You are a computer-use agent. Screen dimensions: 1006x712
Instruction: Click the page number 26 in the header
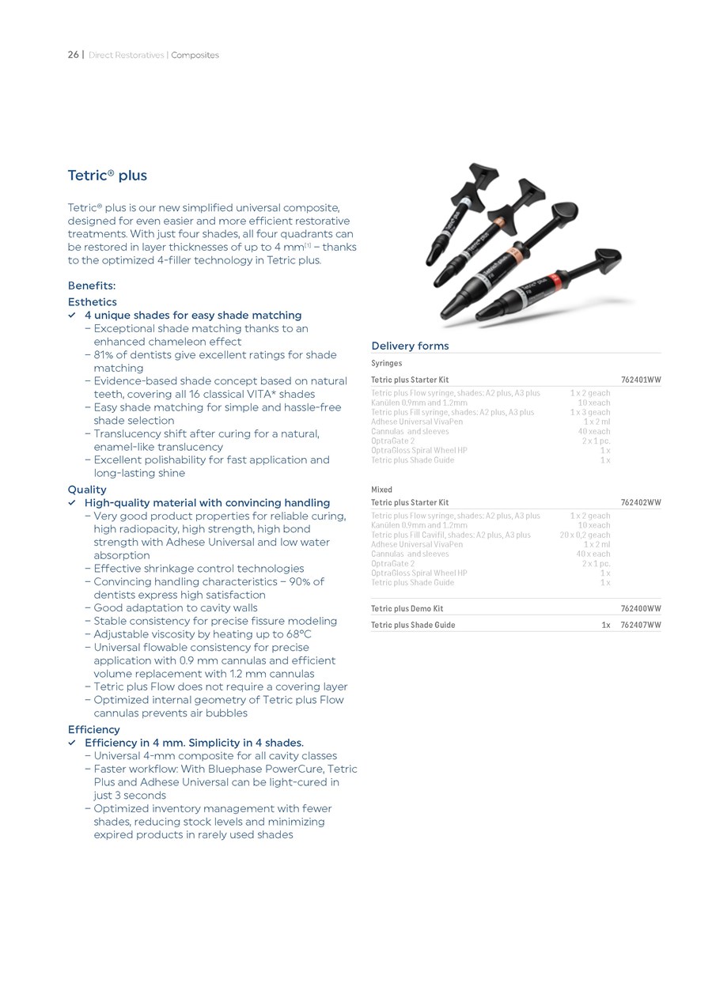click(73, 55)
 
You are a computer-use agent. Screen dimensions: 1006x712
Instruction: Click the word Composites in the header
click(195, 55)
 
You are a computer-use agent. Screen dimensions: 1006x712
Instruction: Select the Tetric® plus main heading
click(107, 176)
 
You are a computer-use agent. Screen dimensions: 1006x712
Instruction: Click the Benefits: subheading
click(91, 286)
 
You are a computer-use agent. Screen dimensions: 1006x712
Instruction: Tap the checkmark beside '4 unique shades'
click(72, 316)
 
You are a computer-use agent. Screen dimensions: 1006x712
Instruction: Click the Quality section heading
click(87, 490)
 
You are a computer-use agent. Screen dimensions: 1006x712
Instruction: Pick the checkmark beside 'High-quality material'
click(72, 503)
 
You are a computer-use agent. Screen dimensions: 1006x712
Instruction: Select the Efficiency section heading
click(93, 729)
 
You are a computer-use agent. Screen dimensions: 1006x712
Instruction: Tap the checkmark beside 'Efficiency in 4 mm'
click(72, 743)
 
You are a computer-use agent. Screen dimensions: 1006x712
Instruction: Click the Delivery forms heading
click(410, 346)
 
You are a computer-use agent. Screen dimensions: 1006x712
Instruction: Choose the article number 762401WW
click(641, 380)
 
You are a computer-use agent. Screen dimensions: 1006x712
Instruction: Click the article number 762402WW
click(641, 502)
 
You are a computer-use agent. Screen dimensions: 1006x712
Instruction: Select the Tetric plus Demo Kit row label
click(407, 609)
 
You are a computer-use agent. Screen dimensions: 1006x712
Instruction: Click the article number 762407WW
click(641, 625)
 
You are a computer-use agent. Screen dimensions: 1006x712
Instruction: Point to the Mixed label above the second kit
click(381, 490)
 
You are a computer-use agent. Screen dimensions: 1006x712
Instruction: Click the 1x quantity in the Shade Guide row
click(605, 625)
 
